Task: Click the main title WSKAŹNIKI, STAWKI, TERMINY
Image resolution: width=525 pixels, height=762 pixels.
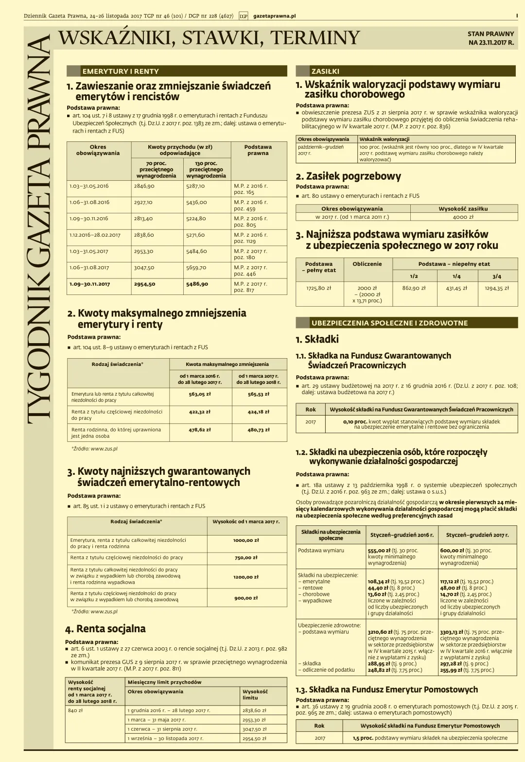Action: (209, 38)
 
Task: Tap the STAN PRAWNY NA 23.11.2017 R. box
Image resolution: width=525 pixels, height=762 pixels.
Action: (490, 38)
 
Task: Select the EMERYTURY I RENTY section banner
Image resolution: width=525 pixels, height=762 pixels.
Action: (121, 71)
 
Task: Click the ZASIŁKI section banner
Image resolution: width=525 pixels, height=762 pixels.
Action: (325, 71)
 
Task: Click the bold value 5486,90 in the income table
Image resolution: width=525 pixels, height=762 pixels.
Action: (197, 284)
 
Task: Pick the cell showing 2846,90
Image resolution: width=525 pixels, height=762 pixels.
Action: (144, 186)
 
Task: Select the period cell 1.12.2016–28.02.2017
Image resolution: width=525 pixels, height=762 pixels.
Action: (95, 235)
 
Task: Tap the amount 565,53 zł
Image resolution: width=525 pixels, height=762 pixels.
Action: (258, 394)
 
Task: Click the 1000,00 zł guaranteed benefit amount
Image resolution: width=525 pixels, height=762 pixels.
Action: (246, 540)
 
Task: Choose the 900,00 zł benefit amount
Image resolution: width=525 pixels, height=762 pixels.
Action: (246, 598)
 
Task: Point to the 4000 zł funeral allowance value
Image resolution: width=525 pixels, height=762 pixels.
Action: (463, 217)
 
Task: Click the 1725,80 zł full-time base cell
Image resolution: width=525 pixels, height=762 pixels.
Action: (318, 288)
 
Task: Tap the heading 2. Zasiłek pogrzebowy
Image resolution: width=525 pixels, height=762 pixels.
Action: (349, 176)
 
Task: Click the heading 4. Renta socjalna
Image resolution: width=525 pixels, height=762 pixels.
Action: (105, 629)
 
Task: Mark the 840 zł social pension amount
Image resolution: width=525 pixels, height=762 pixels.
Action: (75, 710)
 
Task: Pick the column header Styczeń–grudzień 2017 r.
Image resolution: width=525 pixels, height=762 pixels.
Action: (477, 535)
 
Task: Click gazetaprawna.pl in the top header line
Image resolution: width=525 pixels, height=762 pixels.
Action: (274, 16)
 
